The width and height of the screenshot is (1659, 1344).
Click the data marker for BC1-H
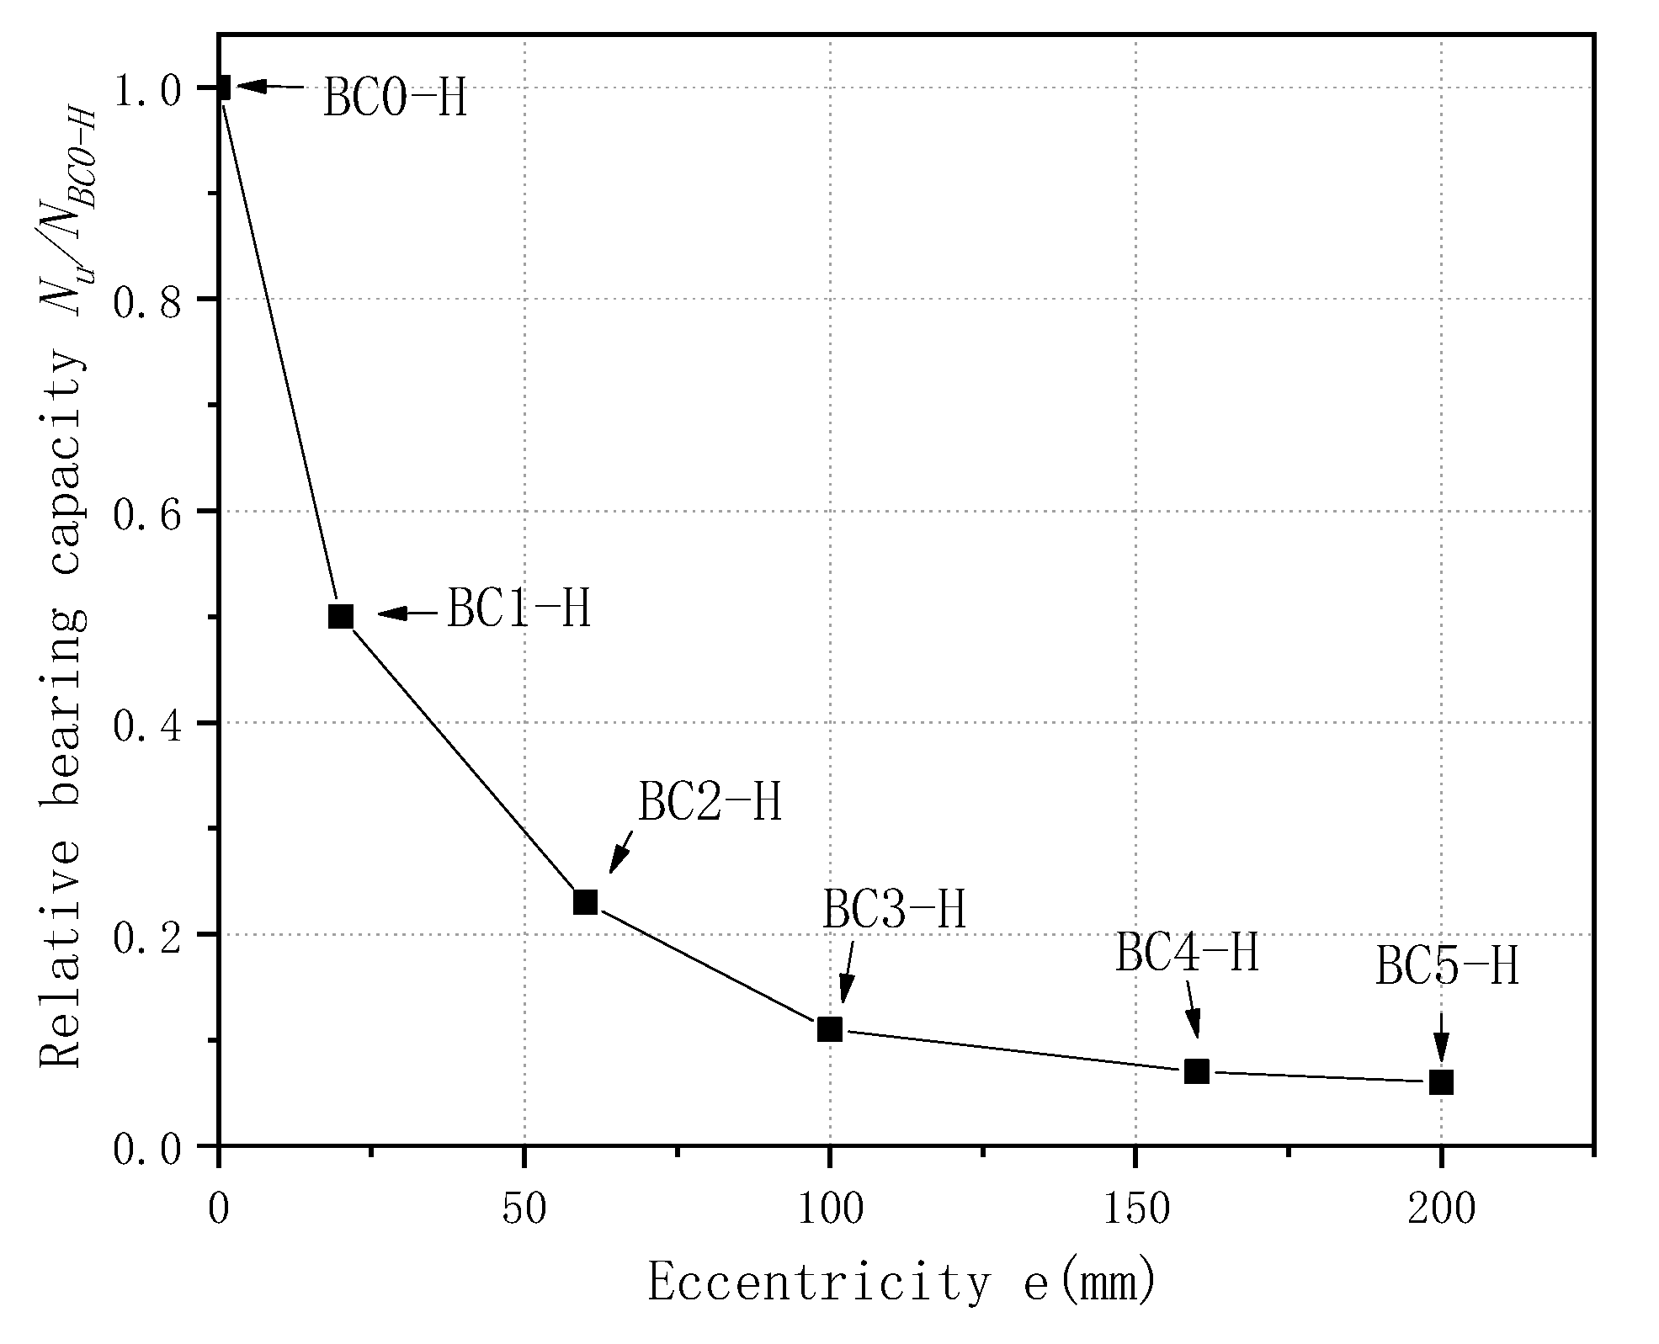(340, 616)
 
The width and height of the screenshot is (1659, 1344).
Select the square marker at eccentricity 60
(585, 902)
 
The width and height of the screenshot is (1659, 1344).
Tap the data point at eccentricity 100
(830, 1029)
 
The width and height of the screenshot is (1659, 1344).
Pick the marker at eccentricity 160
(1197, 1071)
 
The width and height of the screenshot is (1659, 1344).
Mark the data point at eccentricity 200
(1442, 1082)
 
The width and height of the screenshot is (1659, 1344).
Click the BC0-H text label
(395, 98)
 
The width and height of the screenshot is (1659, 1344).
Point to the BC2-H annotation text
(710, 802)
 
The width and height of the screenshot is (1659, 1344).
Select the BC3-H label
(894, 910)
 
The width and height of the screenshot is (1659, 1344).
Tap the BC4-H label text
(1187, 954)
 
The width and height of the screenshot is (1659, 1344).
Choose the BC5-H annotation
(1447, 966)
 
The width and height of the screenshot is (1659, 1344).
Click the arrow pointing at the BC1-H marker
(408, 614)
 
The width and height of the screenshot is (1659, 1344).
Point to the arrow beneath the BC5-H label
(1441, 1036)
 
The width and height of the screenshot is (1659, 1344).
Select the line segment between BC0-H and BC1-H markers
(279, 352)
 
